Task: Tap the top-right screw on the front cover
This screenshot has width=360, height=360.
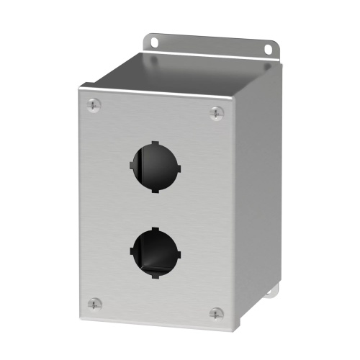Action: click(216, 112)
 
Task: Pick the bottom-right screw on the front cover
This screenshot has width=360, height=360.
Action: click(216, 313)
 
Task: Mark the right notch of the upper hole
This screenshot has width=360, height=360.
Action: click(178, 170)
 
